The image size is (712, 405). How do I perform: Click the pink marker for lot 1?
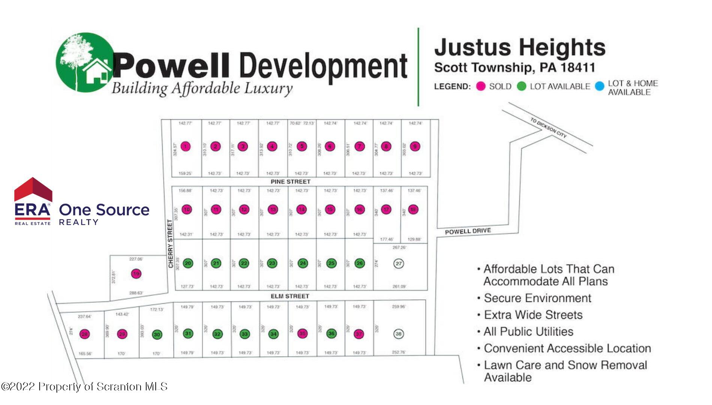click(185, 147)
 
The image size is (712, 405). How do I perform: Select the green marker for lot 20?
click(188, 263)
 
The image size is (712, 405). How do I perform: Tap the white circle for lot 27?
click(399, 264)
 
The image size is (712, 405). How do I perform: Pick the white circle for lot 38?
click(398, 334)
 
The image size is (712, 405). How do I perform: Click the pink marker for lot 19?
click(136, 274)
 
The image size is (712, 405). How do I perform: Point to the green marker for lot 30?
click(157, 334)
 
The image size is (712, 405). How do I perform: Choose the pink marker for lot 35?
click(302, 333)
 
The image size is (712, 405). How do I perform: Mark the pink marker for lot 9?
click(415, 147)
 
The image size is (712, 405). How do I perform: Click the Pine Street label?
click(290, 181)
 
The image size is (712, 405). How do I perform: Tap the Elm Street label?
click(290, 296)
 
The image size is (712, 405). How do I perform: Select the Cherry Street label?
click(171, 244)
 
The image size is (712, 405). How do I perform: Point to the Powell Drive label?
click(468, 231)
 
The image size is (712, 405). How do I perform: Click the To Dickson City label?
click(548, 128)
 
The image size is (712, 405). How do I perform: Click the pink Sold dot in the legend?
click(481, 86)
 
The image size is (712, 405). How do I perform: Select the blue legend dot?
click(600, 86)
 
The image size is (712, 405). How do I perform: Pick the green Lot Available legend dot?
click(522, 86)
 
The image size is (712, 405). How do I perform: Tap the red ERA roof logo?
click(33, 189)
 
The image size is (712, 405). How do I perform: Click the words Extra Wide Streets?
click(533, 315)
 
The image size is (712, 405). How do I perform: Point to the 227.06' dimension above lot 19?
click(136, 259)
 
